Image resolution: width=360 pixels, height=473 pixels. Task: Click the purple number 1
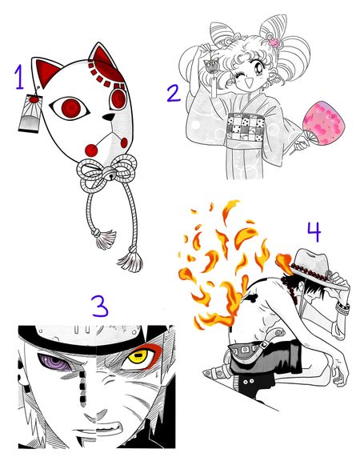tap(20, 78)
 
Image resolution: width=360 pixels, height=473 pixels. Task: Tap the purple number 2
tap(173, 94)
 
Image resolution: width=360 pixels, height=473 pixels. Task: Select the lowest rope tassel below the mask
tap(128, 260)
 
